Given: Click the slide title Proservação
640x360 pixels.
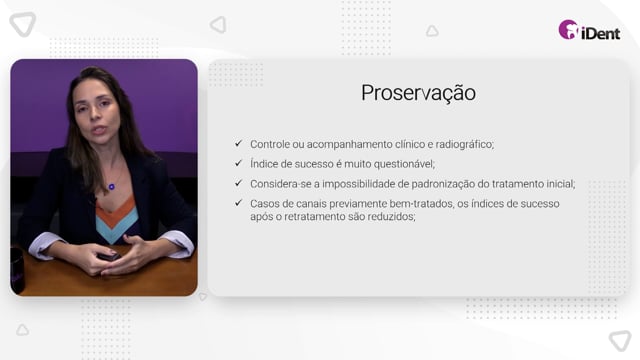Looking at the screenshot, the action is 418,93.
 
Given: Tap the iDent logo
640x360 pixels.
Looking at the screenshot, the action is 589,30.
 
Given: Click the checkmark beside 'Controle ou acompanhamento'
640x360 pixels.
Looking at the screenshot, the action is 238,143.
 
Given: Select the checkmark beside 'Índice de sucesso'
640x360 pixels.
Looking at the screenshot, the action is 238,163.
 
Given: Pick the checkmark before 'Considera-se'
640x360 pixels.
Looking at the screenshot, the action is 238,183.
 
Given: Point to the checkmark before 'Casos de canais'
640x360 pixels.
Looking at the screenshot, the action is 238,203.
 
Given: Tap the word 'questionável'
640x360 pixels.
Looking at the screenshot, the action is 404,164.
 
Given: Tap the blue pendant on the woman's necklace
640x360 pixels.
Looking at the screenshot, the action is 111,187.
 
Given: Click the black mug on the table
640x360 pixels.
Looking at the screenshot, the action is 18,270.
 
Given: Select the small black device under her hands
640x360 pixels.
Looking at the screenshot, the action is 109,257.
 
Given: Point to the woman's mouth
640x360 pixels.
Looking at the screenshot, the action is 98,131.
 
